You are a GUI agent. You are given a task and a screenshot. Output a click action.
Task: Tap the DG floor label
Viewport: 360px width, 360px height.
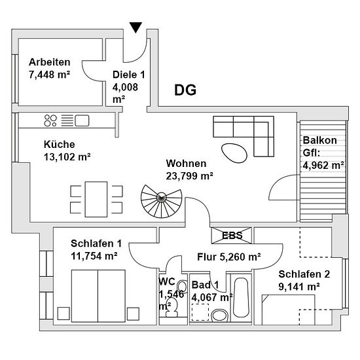[x=185, y=90]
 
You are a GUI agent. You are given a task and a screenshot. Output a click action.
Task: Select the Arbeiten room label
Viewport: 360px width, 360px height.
[x=50, y=62]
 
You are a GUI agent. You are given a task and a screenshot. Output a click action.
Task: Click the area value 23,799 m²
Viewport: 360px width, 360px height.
[x=189, y=176]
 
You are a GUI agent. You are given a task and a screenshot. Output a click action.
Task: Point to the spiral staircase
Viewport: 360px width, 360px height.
[x=162, y=201]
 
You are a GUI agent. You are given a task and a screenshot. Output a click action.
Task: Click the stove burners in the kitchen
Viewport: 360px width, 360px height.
[x=50, y=120]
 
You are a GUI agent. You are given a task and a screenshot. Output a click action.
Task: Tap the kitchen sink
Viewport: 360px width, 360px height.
[x=82, y=120]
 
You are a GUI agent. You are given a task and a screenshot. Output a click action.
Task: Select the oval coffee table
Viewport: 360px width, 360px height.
[x=234, y=153]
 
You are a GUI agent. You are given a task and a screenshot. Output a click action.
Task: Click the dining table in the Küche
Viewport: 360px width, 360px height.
[x=96, y=199]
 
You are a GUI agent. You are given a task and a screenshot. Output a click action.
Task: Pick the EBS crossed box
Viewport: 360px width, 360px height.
[x=232, y=236]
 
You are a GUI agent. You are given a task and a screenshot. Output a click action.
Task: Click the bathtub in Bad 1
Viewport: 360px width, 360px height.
[x=241, y=298]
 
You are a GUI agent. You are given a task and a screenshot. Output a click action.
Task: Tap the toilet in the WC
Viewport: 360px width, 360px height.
[x=171, y=307]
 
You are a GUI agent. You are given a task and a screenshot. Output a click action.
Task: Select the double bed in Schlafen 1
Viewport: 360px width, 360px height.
[x=98, y=296]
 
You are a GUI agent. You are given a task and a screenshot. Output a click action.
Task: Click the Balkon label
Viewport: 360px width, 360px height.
[x=320, y=140]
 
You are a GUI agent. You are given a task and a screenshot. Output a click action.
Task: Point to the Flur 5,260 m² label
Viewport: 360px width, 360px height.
[x=229, y=257]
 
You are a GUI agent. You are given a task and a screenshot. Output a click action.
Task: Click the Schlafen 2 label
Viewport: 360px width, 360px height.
[x=304, y=274]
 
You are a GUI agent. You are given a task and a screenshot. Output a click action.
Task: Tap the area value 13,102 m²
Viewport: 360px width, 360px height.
[x=67, y=157]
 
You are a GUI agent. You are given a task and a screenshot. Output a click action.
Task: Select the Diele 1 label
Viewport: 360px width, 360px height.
[x=129, y=75]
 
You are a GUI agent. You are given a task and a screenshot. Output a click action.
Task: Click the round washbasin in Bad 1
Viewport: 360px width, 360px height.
[x=219, y=315]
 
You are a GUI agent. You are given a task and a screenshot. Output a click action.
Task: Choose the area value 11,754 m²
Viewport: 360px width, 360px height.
[x=94, y=256]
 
